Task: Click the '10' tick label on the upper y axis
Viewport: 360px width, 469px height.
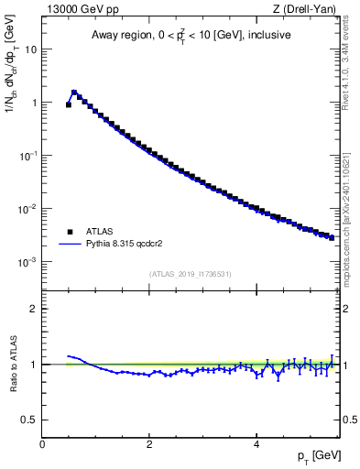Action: [x=29, y=49]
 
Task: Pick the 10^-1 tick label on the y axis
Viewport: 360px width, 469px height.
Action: [x=27, y=156]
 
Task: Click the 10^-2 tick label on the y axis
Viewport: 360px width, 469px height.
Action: [x=27, y=209]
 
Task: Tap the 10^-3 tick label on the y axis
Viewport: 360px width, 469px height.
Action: [x=27, y=262]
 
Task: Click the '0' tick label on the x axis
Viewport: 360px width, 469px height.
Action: [x=42, y=443]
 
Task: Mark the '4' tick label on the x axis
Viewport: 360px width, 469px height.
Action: [x=256, y=443]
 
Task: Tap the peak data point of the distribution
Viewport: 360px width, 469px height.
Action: [x=74, y=93]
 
